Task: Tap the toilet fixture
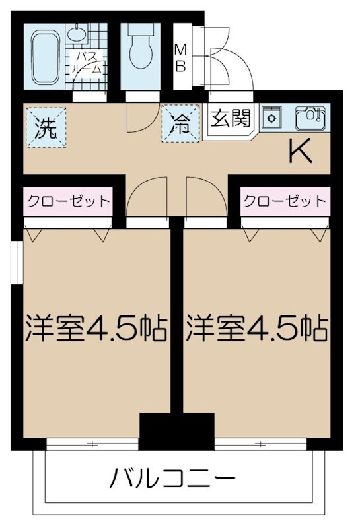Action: [140, 50]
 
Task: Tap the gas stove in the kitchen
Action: [271, 117]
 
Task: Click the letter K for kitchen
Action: [301, 152]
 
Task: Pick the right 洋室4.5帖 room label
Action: [258, 327]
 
